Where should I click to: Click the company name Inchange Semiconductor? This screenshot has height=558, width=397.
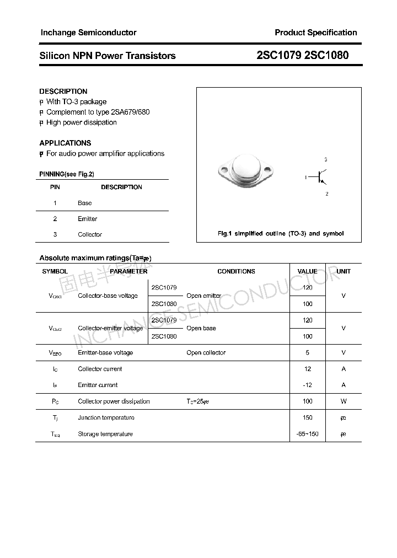click(88, 33)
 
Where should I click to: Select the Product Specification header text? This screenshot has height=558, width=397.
click(315, 33)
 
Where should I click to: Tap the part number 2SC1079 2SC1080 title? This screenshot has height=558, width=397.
click(303, 56)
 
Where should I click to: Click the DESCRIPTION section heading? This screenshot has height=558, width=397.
click(63, 92)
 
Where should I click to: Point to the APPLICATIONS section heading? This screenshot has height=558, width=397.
click(65, 143)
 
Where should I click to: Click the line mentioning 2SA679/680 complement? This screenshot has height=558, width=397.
click(98, 112)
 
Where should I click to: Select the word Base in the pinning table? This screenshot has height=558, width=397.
click(85, 203)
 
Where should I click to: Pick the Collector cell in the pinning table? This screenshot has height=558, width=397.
click(90, 234)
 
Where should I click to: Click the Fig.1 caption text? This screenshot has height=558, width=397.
click(281, 234)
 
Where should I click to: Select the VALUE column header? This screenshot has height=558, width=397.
click(307, 271)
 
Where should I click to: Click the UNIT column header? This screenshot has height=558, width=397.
click(344, 271)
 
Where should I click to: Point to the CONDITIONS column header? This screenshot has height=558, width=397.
click(236, 271)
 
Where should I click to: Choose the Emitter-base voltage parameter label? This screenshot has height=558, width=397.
click(105, 353)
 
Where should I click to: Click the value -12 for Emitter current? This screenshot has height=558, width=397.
click(307, 385)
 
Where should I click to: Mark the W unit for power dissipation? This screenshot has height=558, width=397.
click(344, 401)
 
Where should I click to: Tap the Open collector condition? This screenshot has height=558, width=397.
click(206, 353)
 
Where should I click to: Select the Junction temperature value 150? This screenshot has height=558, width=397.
click(307, 418)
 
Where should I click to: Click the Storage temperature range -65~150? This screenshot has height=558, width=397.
click(307, 434)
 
